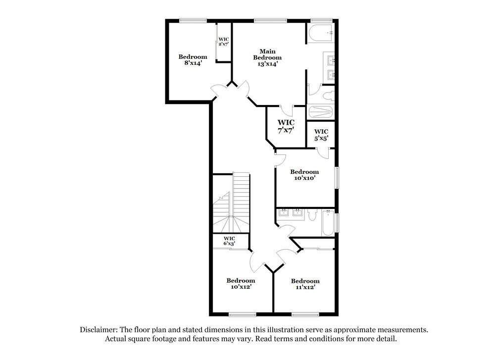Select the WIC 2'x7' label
pyautogui.click(x=224, y=42)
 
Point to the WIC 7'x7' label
pyautogui.click(x=286, y=126)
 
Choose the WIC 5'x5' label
pyautogui.click(x=321, y=135)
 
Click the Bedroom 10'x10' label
pyautogui.click(x=304, y=175)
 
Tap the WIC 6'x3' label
pyautogui.click(x=229, y=241)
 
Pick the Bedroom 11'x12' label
pyautogui.click(x=305, y=284)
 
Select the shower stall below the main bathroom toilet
pyautogui.click(x=321, y=111)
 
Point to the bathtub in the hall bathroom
pyautogui.click(x=328, y=222)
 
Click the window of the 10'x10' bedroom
pyautogui.click(x=337, y=178)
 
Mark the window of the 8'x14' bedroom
pyautogui.click(x=193, y=20)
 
